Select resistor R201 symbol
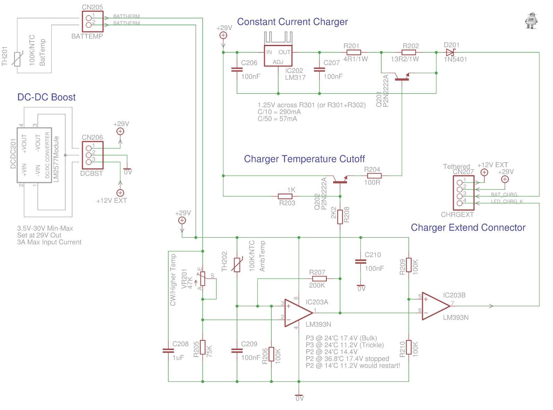354,52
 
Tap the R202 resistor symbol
409,52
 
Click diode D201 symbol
450,52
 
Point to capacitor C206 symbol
237,70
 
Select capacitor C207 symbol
319,70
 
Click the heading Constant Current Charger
292,22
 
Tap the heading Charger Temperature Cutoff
304,159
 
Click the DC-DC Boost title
46,97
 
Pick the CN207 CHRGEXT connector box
463,193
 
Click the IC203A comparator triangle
298,313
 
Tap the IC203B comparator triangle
435,306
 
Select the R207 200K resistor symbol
319,278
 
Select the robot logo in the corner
531,21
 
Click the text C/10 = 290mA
279,112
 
